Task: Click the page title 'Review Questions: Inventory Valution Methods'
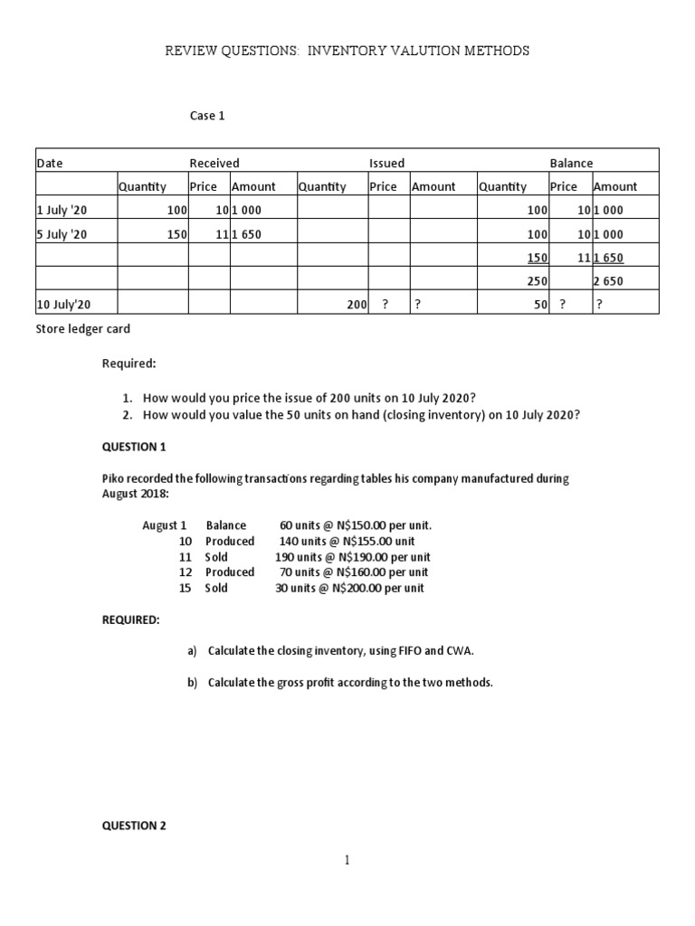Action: pyautogui.click(x=347, y=52)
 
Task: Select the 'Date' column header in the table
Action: pyautogui.click(x=50, y=163)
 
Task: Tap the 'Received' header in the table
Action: pyautogui.click(x=214, y=163)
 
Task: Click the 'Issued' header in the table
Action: pyautogui.click(x=386, y=163)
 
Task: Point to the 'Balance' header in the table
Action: pyautogui.click(x=571, y=163)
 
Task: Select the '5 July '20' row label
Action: pyautogui.click(x=63, y=233)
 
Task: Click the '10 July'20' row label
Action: pyautogui.click(x=64, y=305)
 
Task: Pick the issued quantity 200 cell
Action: pyautogui.click(x=355, y=305)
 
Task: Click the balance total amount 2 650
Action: pyautogui.click(x=609, y=281)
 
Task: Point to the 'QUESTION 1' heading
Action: pyautogui.click(x=134, y=447)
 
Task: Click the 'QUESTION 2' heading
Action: pyautogui.click(x=134, y=825)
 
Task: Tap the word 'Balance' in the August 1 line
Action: pyautogui.click(x=225, y=525)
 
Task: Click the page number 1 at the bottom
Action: pyautogui.click(x=347, y=861)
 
